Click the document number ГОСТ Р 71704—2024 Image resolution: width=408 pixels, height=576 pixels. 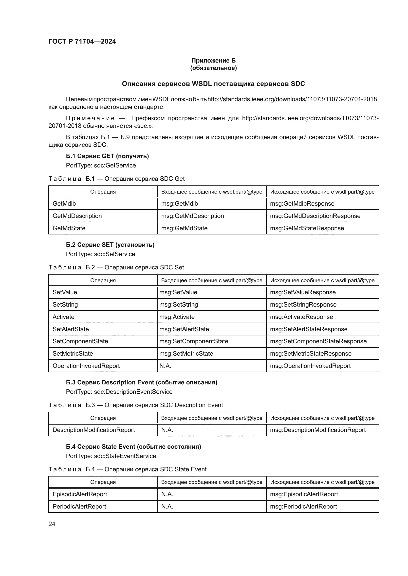82,41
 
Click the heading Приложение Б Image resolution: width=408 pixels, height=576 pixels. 213,61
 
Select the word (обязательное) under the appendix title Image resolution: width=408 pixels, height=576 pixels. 213,68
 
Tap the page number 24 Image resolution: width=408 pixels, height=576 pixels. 52,524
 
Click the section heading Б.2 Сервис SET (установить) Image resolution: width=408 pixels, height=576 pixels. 110,245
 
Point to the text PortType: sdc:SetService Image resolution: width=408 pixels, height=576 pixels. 100,254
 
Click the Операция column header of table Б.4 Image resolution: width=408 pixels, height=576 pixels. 103,482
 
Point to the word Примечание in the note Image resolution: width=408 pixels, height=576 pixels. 90,118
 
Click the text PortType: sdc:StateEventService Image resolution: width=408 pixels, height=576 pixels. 111,456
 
